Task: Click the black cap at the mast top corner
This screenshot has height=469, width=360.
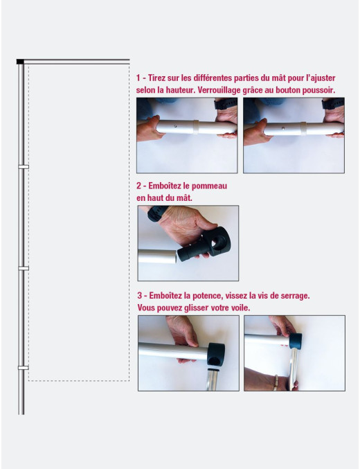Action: pyautogui.click(x=20, y=62)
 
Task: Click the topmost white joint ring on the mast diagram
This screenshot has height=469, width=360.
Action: pyautogui.click(x=24, y=167)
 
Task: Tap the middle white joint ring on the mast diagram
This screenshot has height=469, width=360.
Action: pyautogui.click(x=24, y=268)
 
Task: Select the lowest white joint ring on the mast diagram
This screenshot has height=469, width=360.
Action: pyautogui.click(x=24, y=368)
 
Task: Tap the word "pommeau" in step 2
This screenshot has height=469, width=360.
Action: pyautogui.click(x=209, y=186)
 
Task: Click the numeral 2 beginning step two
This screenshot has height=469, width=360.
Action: pyautogui.click(x=138, y=186)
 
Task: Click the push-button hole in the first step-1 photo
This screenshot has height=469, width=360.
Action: pyautogui.click(x=175, y=126)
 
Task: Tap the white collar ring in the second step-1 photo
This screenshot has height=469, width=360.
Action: pyautogui.click(x=303, y=128)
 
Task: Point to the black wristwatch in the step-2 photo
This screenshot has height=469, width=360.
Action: pyautogui.click(x=156, y=213)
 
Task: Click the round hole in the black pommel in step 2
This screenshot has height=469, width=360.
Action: pyautogui.click(x=220, y=242)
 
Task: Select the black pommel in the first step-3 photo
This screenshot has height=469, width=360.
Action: pyautogui.click(x=215, y=354)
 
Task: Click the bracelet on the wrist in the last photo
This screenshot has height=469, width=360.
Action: pyautogui.click(x=276, y=383)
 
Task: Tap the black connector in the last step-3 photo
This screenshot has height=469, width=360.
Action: pyautogui.click(x=296, y=341)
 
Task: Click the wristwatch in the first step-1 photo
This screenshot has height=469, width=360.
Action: pyautogui.click(x=225, y=103)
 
